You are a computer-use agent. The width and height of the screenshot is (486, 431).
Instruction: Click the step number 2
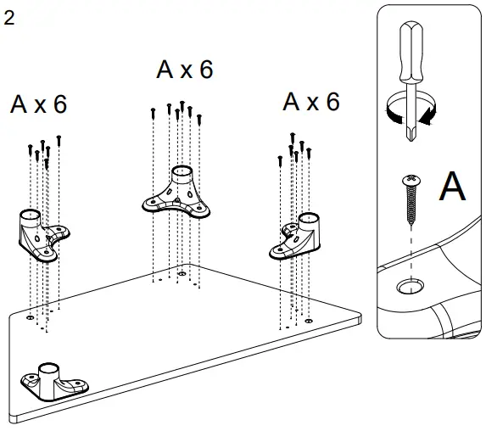click(9, 18)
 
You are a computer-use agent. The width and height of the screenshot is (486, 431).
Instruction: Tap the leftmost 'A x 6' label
click(38, 104)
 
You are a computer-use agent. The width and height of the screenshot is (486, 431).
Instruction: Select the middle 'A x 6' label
click(184, 70)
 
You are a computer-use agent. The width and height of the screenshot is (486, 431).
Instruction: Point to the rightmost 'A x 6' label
click(310, 102)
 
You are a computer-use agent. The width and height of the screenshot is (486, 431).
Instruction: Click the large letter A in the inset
click(452, 187)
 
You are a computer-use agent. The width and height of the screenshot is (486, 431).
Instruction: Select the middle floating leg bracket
click(179, 194)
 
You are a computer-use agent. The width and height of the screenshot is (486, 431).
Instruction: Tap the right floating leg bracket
click(298, 237)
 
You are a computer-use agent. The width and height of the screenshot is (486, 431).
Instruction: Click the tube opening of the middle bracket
click(182, 171)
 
